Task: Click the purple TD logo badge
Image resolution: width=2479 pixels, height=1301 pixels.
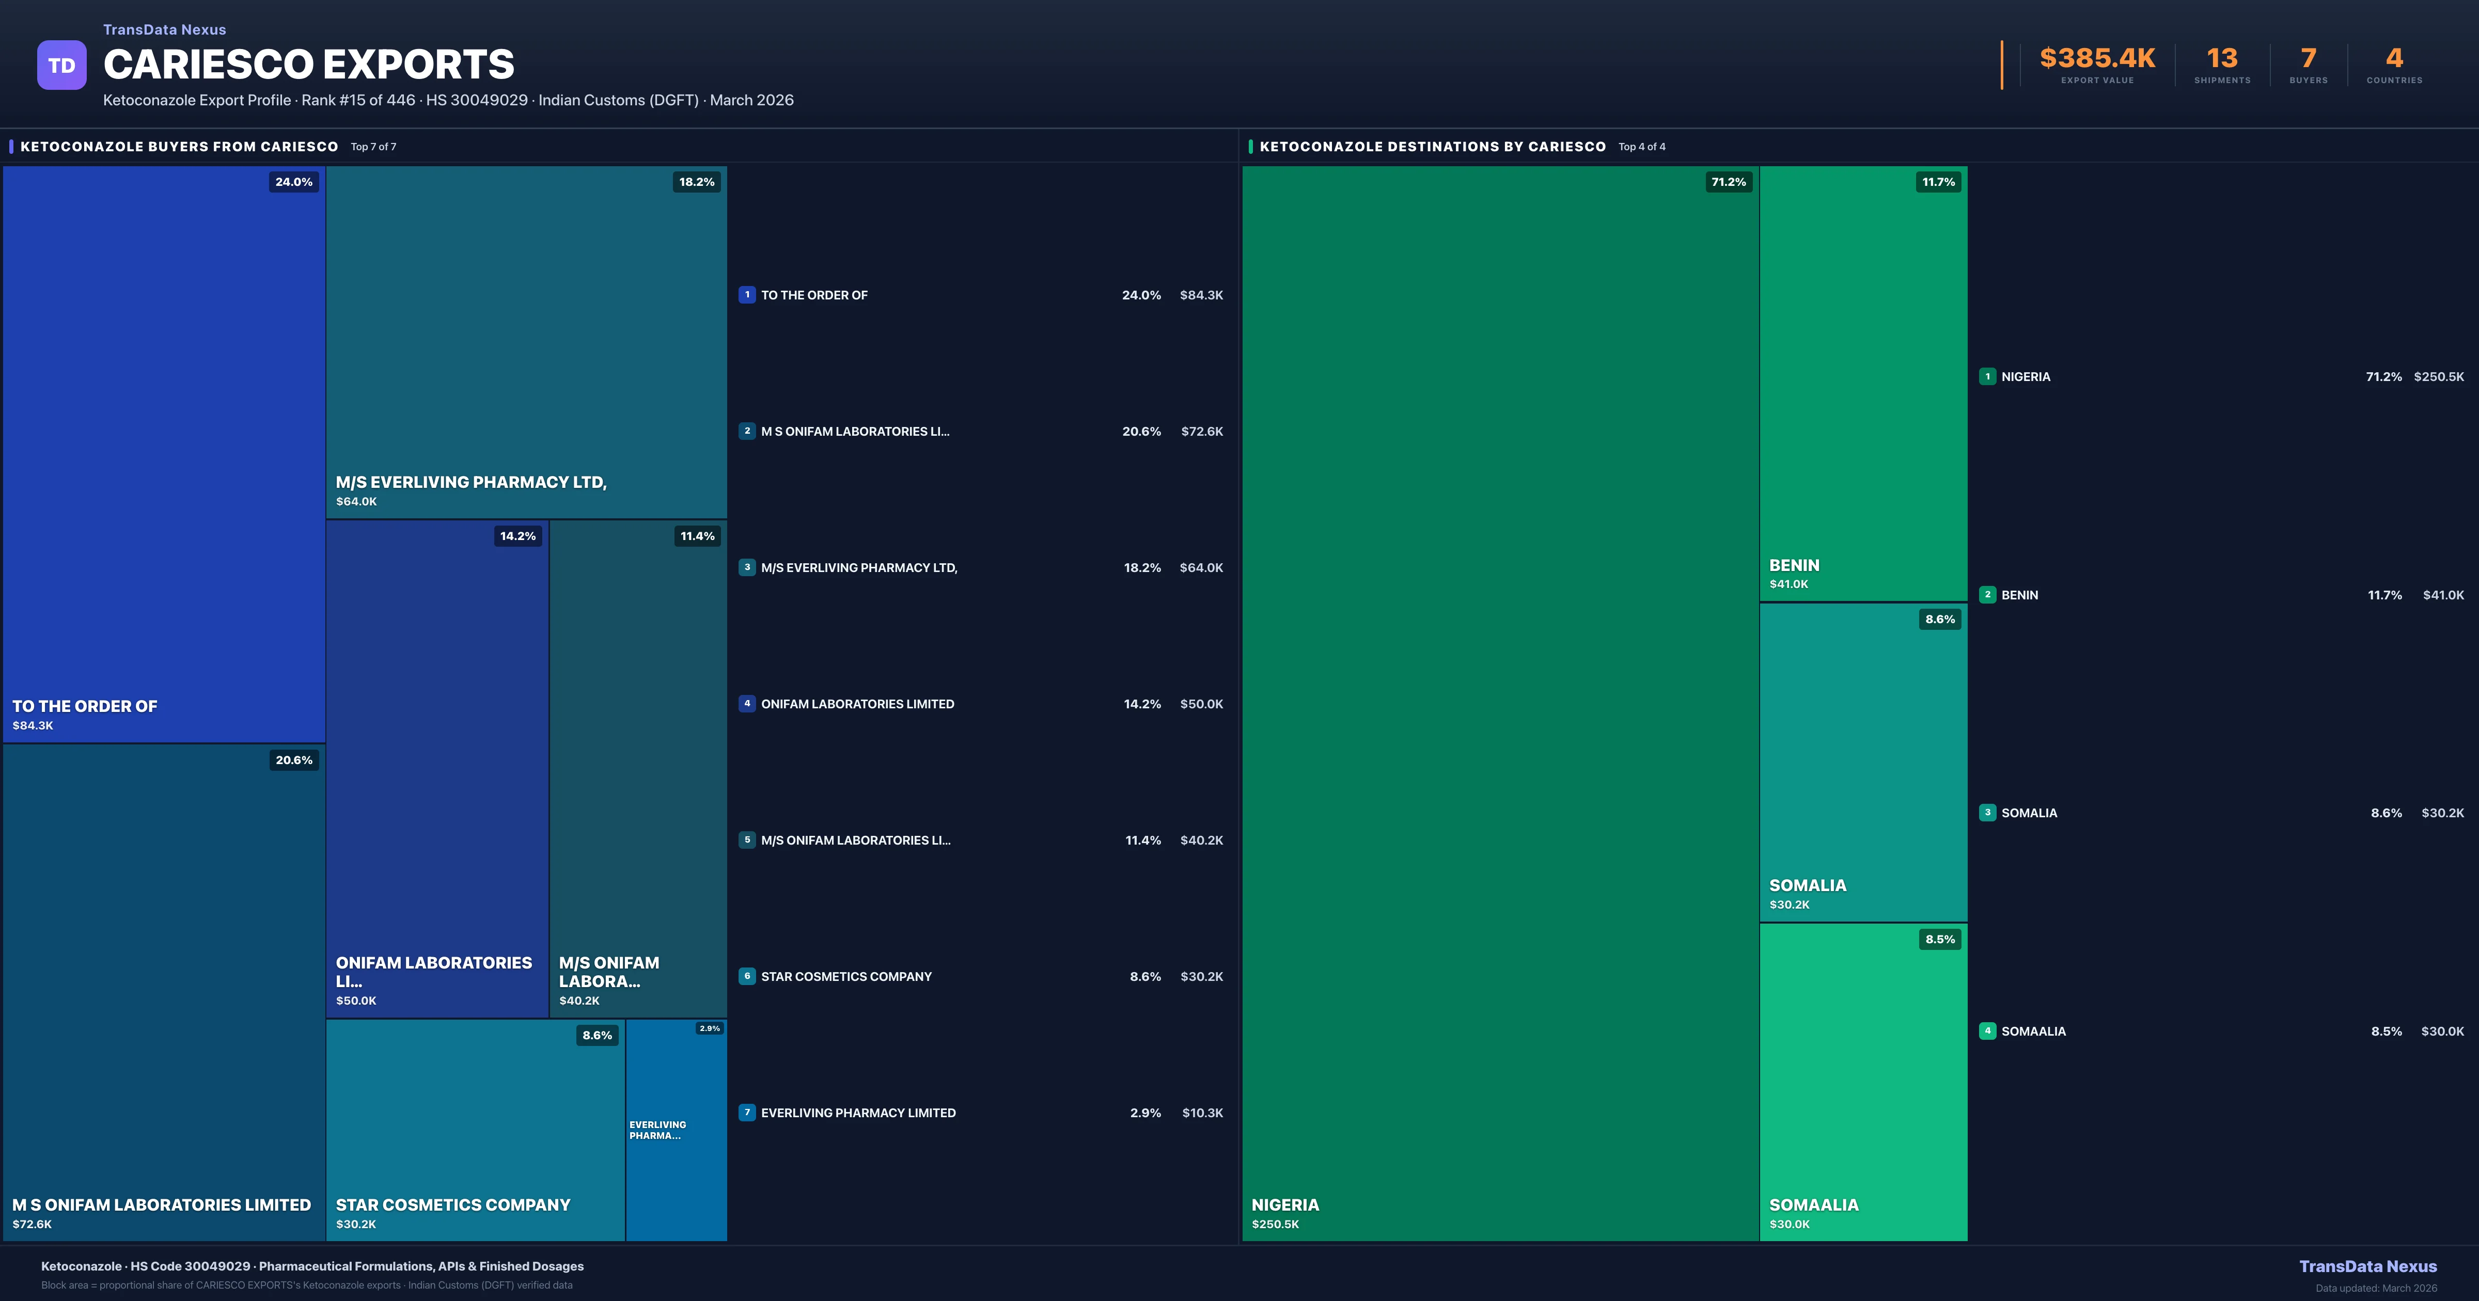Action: click(x=61, y=66)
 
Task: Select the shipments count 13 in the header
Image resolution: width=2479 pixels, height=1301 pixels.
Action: click(x=2222, y=59)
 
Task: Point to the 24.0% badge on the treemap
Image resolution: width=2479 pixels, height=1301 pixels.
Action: click(x=293, y=182)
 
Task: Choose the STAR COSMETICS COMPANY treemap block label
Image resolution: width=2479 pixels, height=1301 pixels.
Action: click(x=452, y=1205)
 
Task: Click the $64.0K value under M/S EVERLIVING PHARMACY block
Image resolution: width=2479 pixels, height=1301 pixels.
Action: click(x=356, y=501)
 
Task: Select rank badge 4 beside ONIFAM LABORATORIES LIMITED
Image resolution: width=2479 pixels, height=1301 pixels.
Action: click(x=747, y=704)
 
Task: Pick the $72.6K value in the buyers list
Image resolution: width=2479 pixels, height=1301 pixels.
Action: click(x=1202, y=431)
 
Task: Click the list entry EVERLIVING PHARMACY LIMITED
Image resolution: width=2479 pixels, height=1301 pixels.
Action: click(x=858, y=1113)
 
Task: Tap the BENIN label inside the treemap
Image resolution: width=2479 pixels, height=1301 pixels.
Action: click(x=1794, y=565)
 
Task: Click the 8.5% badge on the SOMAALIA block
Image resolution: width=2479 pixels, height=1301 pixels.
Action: click(x=1939, y=939)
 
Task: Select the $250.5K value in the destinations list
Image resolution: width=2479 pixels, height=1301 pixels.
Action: click(x=2439, y=376)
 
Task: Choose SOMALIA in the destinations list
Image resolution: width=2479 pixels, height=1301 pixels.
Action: click(x=2029, y=813)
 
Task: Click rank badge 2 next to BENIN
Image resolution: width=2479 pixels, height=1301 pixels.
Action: click(x=1987, y=595)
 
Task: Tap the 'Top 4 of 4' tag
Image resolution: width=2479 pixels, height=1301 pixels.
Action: click(x=1642, y=146)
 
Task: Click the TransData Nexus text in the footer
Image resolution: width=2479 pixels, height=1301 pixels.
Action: click(x=2367, y=1266)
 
